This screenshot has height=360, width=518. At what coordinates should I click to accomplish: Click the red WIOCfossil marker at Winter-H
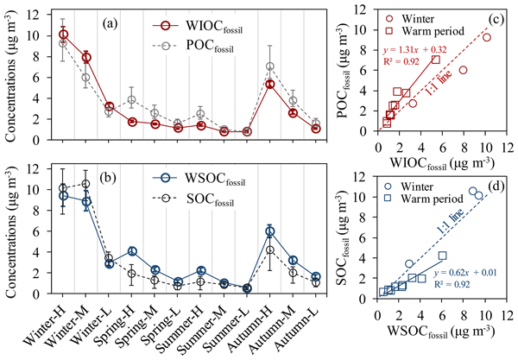click(63, 35)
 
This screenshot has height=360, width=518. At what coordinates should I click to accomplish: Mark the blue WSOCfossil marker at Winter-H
click(63, 196)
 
